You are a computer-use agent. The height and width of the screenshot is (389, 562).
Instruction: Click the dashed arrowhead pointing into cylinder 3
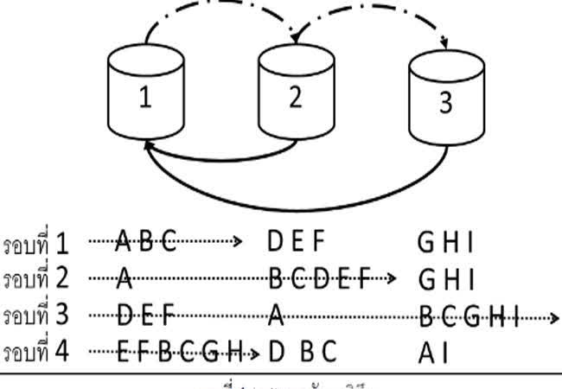[x=445, y=43]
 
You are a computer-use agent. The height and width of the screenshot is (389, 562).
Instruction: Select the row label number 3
[x=61, y=315]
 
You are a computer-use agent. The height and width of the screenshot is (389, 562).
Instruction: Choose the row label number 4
[x=61, y=351]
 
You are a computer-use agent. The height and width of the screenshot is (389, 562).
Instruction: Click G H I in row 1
[x=446, y=243]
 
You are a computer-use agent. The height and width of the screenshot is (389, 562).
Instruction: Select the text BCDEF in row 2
[x=319, y=278]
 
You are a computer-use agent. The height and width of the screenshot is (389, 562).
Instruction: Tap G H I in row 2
[x=446, y=278]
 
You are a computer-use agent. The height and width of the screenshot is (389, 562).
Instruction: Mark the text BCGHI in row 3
[x=468, y=316]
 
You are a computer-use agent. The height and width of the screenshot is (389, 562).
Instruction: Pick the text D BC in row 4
[x=298, y=352]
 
